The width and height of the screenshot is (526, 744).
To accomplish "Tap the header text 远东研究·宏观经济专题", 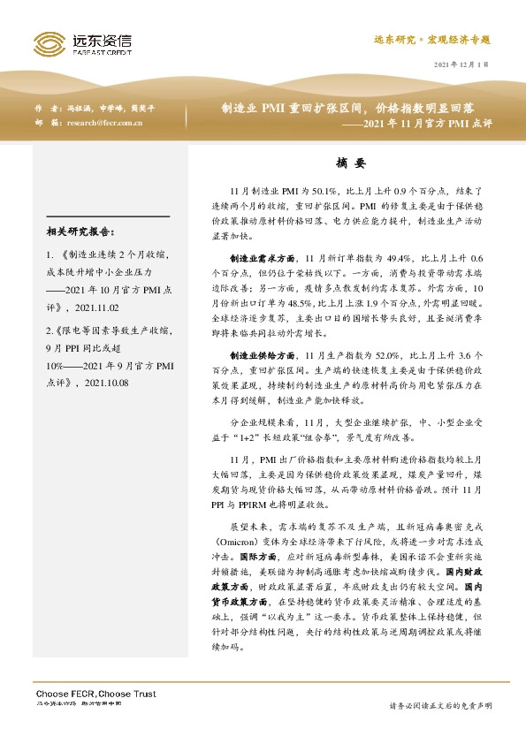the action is pos(431,41).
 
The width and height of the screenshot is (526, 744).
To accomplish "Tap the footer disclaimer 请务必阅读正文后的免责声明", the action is pos(440,705).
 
